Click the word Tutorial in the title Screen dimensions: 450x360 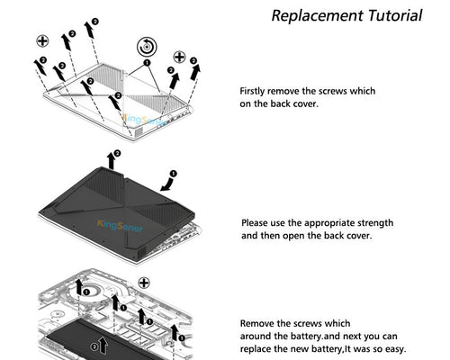(x=395, y=15)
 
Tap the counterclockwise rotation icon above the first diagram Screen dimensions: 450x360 (x=147, y=47)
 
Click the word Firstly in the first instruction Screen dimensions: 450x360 (x=253, y=91)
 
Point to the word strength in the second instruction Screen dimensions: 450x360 (x=375, y=223)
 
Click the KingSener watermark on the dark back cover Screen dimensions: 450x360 (x=120, y=226)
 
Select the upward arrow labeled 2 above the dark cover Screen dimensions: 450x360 (x=112, y=161)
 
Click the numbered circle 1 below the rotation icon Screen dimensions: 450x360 (x=147, y=63)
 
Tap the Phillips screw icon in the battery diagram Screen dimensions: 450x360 (x=144, y=283)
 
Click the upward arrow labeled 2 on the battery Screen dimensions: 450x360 (x=103, y=345)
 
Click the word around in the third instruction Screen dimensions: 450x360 (x=256, y=337)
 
